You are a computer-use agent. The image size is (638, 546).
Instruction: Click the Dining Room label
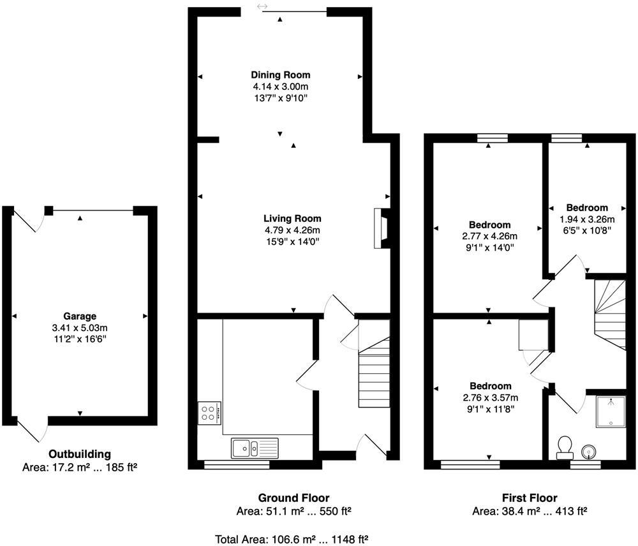point(280,75)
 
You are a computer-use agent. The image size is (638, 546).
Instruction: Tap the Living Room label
point(292,219)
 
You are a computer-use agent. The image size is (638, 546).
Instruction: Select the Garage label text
point(80,316)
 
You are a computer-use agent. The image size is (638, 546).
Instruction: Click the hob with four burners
point(209,413)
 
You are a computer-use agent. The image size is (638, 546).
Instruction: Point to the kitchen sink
point(255,448)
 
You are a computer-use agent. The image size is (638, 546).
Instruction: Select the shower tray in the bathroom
point(611,411)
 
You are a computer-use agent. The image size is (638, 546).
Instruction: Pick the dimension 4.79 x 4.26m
point(292,230)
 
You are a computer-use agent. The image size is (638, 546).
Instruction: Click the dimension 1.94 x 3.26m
point(587,219)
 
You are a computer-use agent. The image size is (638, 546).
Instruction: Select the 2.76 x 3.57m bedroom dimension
point(490,397)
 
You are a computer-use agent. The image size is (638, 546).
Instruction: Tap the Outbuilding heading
point(80,454)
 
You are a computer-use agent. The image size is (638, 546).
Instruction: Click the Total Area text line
point(292,540)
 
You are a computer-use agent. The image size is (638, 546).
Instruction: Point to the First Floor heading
point(530,498)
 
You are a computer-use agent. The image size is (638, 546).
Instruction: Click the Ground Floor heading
point(293,498)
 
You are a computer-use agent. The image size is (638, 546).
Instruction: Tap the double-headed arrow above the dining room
point(262,6)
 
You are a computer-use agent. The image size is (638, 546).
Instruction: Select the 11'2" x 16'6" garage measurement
point(80,339)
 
